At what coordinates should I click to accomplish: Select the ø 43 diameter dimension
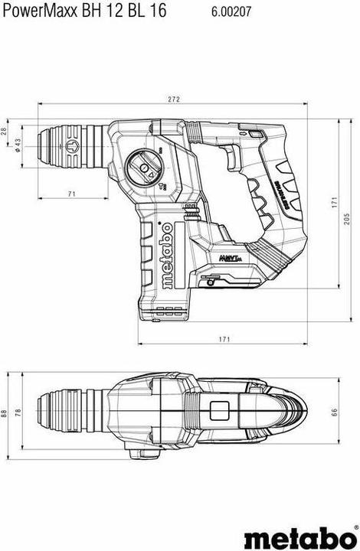18,145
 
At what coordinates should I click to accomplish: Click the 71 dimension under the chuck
70,194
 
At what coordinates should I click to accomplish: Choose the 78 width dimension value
18,413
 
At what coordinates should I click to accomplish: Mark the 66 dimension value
333,413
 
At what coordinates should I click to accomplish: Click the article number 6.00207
229,10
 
